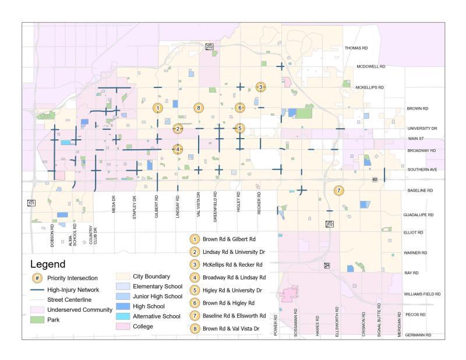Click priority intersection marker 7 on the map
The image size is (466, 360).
click(x=338, y=190)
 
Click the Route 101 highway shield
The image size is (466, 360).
click(x=30, y=203)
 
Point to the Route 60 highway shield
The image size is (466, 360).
click(x=375, y=179)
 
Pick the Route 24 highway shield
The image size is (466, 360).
click(x=327, y=265)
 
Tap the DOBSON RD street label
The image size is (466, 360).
click(x=52, y=237)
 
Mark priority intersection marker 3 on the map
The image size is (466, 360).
click(x=261, y=87)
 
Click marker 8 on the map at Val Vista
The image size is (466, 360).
click(x=199, y=108)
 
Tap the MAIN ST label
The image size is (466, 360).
click(x=416, y=139)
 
